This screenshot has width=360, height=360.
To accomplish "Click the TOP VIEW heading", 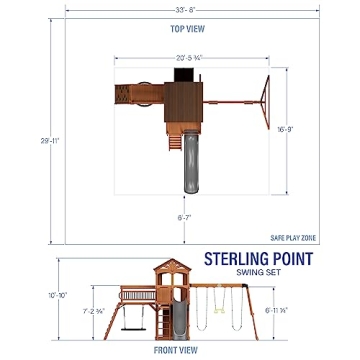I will click(180, 29).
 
